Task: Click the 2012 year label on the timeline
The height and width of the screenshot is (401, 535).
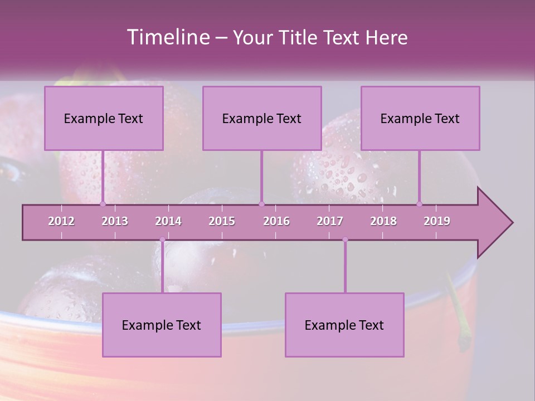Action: [61, 221]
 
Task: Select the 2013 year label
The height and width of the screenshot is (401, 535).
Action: [115, 221]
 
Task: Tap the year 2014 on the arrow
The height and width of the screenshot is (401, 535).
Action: [168, 221]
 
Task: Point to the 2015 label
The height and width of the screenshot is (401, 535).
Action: [222, 221]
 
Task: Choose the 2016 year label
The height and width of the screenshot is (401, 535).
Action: [276, 221]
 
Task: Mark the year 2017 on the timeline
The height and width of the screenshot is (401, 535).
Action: [330, 221]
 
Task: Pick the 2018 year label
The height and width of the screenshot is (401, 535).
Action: [383, 221]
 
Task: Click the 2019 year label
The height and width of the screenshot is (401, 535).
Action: [437, 221]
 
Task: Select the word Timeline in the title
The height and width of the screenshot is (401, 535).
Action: [167, 37]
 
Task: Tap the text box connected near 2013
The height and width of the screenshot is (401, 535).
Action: [104, 118]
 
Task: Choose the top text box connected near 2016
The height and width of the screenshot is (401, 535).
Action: [262, 118]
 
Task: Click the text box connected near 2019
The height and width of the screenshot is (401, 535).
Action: [420, 118]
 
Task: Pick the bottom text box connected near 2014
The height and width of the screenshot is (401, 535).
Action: [162, 325]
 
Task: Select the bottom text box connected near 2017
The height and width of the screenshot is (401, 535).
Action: [344, 325]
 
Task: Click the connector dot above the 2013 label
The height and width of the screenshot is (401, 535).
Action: [103, 204]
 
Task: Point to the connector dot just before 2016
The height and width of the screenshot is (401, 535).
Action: [262, 204]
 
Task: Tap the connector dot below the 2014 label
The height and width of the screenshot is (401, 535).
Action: [162, 239]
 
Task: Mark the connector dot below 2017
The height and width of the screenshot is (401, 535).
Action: [345, 239]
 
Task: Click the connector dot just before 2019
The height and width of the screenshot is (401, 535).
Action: [420, 204]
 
